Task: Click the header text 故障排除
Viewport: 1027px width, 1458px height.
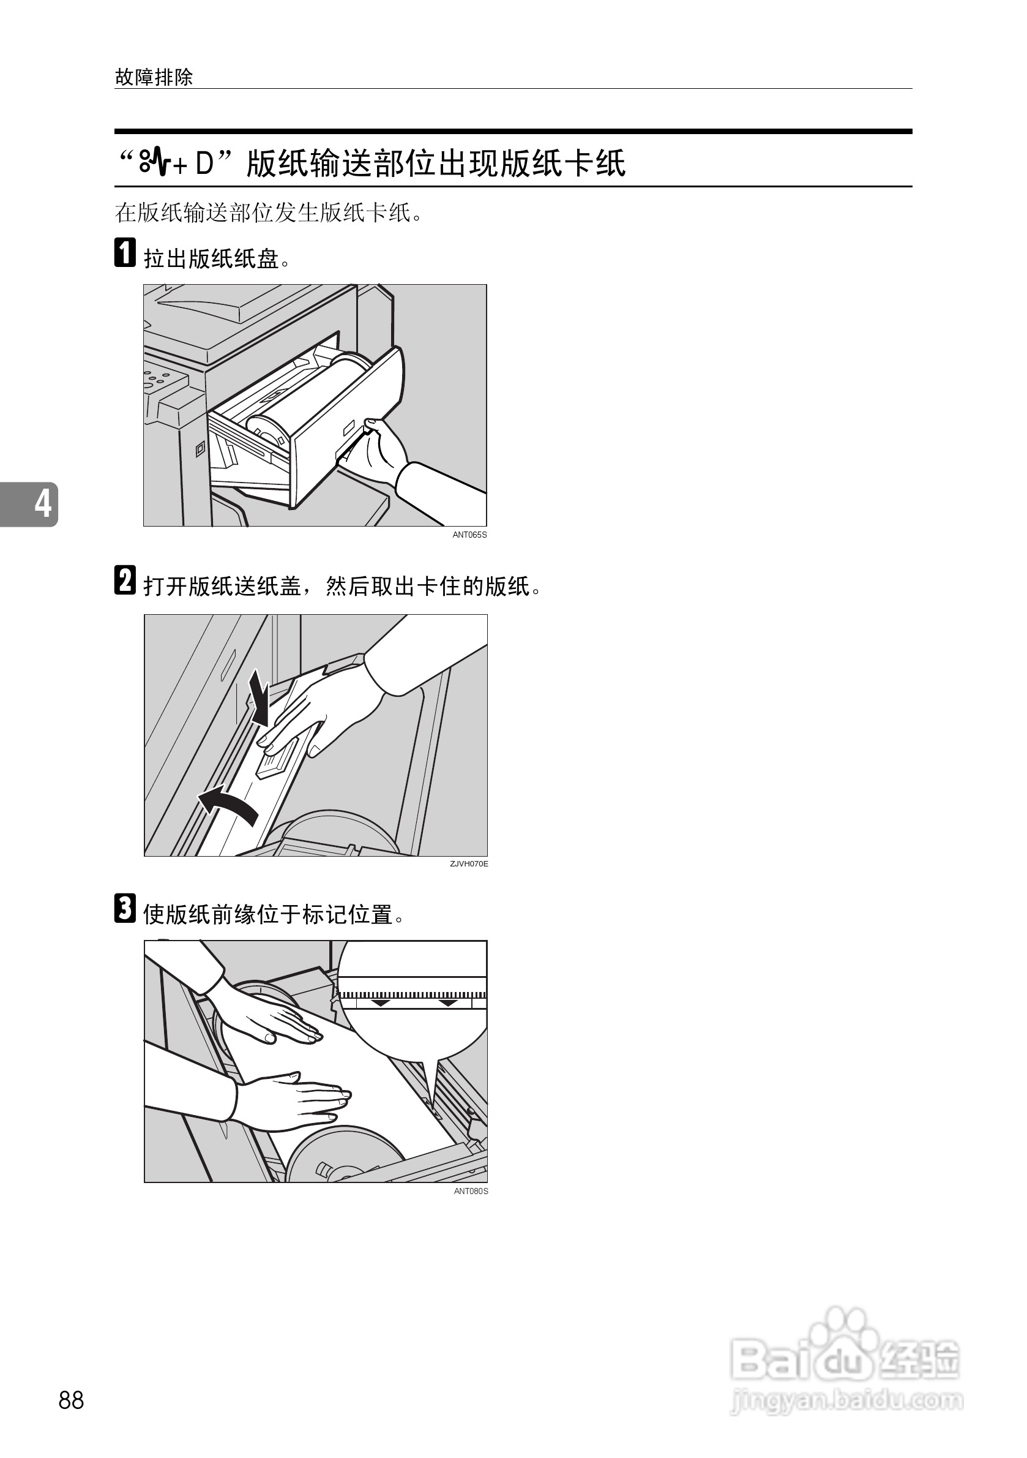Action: [154, 78]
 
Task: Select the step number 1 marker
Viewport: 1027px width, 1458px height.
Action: [125, 252]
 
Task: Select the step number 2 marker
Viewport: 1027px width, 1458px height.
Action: [125, 581]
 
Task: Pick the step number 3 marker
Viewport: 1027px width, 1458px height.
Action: [125, 908]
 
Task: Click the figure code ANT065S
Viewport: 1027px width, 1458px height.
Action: [469, 535]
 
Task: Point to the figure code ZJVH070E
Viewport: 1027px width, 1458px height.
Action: [469, 863]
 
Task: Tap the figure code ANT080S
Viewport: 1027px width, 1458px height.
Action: [471, 1191]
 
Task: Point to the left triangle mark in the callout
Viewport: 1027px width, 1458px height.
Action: [381, 1002]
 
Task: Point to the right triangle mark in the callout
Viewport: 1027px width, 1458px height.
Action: [448, 1002]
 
